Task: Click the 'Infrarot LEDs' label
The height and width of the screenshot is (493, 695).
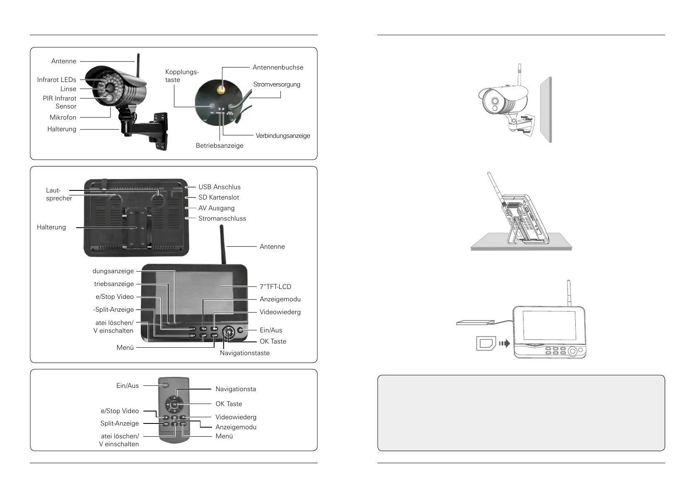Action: coord(57,80)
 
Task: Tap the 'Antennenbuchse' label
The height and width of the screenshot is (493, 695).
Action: coord(278,67)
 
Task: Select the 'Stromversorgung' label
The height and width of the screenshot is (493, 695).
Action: coord(277,84)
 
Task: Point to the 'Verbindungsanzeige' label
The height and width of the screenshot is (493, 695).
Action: coord(282,136)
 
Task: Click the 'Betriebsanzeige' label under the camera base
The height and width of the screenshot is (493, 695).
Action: coord(220,146)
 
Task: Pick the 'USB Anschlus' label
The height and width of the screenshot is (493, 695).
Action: coord(219,187)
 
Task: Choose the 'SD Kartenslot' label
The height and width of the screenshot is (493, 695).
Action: coord(218,197)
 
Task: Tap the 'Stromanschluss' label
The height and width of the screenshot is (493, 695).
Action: coord(222,219)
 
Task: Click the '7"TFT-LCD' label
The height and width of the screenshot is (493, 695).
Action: coord(275,286)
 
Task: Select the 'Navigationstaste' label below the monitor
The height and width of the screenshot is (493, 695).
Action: coord(244,353)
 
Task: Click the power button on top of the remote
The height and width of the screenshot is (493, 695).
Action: coord(166,385)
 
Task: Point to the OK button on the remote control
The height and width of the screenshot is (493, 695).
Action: coord(175,404)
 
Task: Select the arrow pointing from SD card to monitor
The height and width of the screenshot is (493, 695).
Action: coord(504,343)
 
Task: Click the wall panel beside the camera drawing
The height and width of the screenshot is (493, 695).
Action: coord(546,110)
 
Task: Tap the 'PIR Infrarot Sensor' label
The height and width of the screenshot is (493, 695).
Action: coord(60,102)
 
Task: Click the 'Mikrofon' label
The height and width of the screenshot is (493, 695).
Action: coord(63,118)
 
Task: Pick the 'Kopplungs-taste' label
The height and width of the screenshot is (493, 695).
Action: coord(181,76)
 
